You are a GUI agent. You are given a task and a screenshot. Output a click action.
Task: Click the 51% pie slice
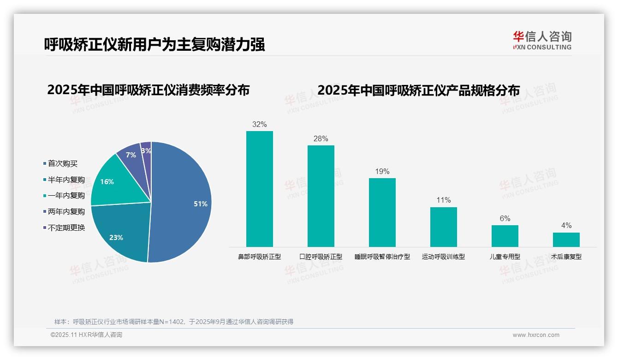pyautogui.click(x=184, y=203)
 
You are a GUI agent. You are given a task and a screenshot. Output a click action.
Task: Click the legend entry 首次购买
pyautogui.click(x=63, y=164)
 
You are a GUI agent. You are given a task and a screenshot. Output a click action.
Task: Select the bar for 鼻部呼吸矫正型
pyautogui.click(x=259, y=189)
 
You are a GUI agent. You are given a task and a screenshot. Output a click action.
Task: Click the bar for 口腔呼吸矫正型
pyautogui.click(x=321, y=196)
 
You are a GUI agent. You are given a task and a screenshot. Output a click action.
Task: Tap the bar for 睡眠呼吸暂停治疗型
pyautogui.click(x=382, y=212)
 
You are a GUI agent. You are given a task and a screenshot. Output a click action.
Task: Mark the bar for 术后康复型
pyautogui.click(x=566, y=240)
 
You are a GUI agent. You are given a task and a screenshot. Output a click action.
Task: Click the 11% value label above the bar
pyautogui.click(x=443, y=200)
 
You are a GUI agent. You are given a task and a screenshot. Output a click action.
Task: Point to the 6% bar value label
pyautogui.click(x=505, y=219)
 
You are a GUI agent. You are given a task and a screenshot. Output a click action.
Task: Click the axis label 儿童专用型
pyautogui.click(x=505, y=257)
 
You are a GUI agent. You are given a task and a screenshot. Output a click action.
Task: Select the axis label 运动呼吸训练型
pyautogui.click(x=443, y=257)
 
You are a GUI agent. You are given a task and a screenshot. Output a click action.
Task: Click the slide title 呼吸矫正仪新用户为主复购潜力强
pyautogui.click(x=154, y=44)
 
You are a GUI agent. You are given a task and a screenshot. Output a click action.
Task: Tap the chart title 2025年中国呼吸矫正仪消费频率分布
pyautogui.click(x=148, y=90)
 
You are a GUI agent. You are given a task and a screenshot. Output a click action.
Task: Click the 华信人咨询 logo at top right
pyautogui.click(x=542, y=40)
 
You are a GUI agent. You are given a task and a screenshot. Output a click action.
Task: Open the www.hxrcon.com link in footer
pyautogui.click(x=535, y=335)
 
